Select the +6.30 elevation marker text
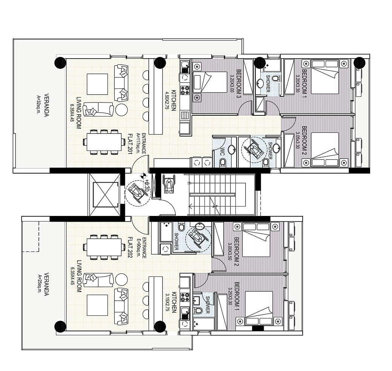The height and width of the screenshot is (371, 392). [x=147, y=185]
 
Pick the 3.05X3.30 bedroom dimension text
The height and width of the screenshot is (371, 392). [x=298, y=140]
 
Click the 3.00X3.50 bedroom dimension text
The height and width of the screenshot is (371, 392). [x=229, y=251]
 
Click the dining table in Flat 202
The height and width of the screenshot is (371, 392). [x=104, y=247]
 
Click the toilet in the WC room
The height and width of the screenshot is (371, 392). [x=222, y=163]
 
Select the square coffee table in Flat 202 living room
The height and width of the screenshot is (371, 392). [x=97, y=305]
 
